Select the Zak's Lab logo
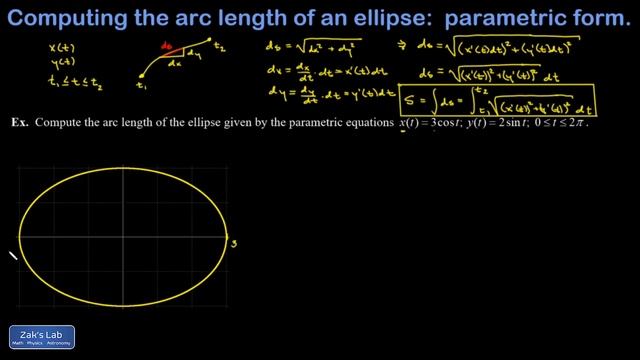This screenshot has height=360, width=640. click(41, 338)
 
